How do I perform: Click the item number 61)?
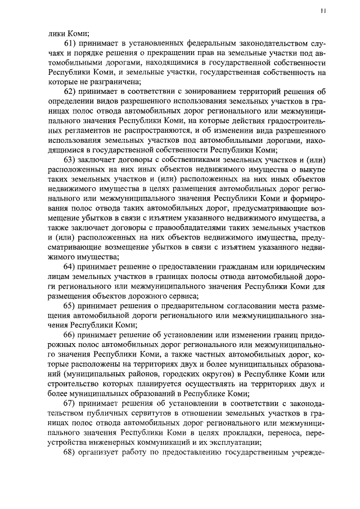[x=71, y=44]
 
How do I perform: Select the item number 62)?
[x=71, y=92]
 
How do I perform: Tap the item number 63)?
[x=71, y=160]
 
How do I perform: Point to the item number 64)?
[x=71, y=266]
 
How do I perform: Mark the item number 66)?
[x=71, y=335]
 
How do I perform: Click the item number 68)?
[x=71, y=454]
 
